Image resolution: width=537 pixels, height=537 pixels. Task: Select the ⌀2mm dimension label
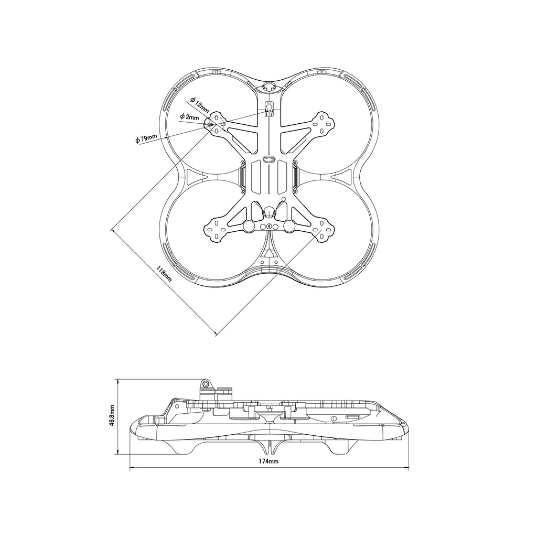(x=189, y=117)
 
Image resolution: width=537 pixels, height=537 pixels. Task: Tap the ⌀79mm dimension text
(x=146, y=138)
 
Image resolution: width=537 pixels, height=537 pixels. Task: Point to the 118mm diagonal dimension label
(x=164, y=273)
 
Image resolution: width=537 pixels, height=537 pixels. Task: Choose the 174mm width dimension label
(x=268, y=461)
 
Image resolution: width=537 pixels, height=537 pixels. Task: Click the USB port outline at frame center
(x=269, y=159)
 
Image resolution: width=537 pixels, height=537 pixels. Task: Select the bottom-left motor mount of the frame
(x=216, y=230)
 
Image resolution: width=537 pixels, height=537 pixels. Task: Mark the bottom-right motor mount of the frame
(x=322, y=230)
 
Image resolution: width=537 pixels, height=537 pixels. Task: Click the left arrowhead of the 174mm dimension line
(x=132, y=467)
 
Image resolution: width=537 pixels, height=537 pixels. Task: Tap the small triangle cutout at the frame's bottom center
(x=269, y=253)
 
